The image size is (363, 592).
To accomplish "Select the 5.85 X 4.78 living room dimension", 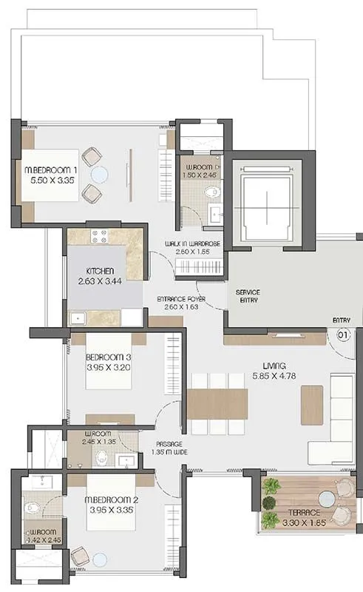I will [x=279, y=376].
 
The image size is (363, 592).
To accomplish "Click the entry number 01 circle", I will [x=342, y=334].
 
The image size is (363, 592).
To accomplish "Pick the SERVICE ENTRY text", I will [x=248, y=297].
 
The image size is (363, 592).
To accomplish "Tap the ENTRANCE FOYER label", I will [x=181, y=299].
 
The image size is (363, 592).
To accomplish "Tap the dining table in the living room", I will [x=217, y=404].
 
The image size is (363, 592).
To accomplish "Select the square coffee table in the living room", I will [x=311, y=405].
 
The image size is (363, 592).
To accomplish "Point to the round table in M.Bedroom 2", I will [x=98, y=560].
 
